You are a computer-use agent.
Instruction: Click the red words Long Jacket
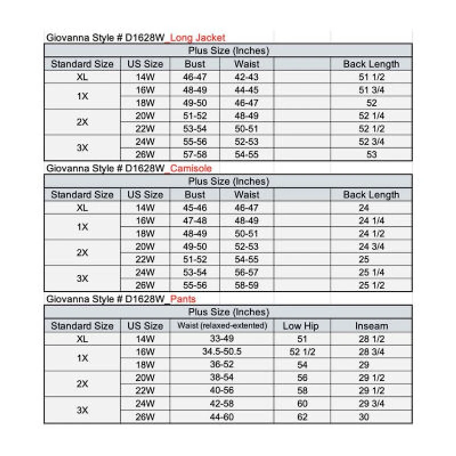click(198, 38)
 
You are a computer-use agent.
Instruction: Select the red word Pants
click(184, 299)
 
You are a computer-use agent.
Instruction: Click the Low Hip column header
click(300, 326)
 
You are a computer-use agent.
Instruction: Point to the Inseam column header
click(371, 326)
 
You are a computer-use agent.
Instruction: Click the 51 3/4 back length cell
click(371, 90)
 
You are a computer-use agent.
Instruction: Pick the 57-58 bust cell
click(194, 154)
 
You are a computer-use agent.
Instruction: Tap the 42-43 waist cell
click(246, 77)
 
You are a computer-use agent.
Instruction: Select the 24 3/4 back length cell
click(371, 247)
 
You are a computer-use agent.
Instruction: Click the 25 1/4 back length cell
click(371, 272)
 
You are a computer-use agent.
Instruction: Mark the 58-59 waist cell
click(246, 286)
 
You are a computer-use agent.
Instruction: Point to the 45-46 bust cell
click(194, 208)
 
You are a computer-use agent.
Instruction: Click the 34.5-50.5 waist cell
click(221, 352)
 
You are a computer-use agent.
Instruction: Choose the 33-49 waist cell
click(221, 339)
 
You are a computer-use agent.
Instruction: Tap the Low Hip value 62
click(302, 417)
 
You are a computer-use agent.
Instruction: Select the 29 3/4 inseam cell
click(371, 404)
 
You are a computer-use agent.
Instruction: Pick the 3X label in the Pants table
click(82, 410)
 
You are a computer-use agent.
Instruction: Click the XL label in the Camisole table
click(82, 208)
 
